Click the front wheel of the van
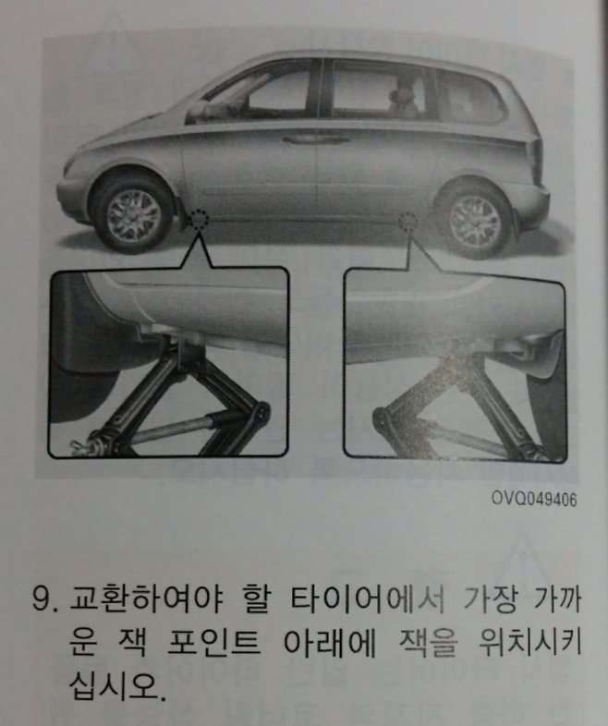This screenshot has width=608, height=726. [x=133, y=214]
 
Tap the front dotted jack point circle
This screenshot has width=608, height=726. [x=200, y=218]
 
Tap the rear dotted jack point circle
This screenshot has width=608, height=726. [x=408, y=222]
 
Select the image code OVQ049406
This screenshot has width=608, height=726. [x=534, y=499]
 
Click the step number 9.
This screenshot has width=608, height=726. [x=45, y=602]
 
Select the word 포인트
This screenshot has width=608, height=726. [x=213, y=643]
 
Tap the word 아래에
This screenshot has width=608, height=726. [x=330, y=643]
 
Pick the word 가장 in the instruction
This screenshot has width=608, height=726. [x=488, y=600]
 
